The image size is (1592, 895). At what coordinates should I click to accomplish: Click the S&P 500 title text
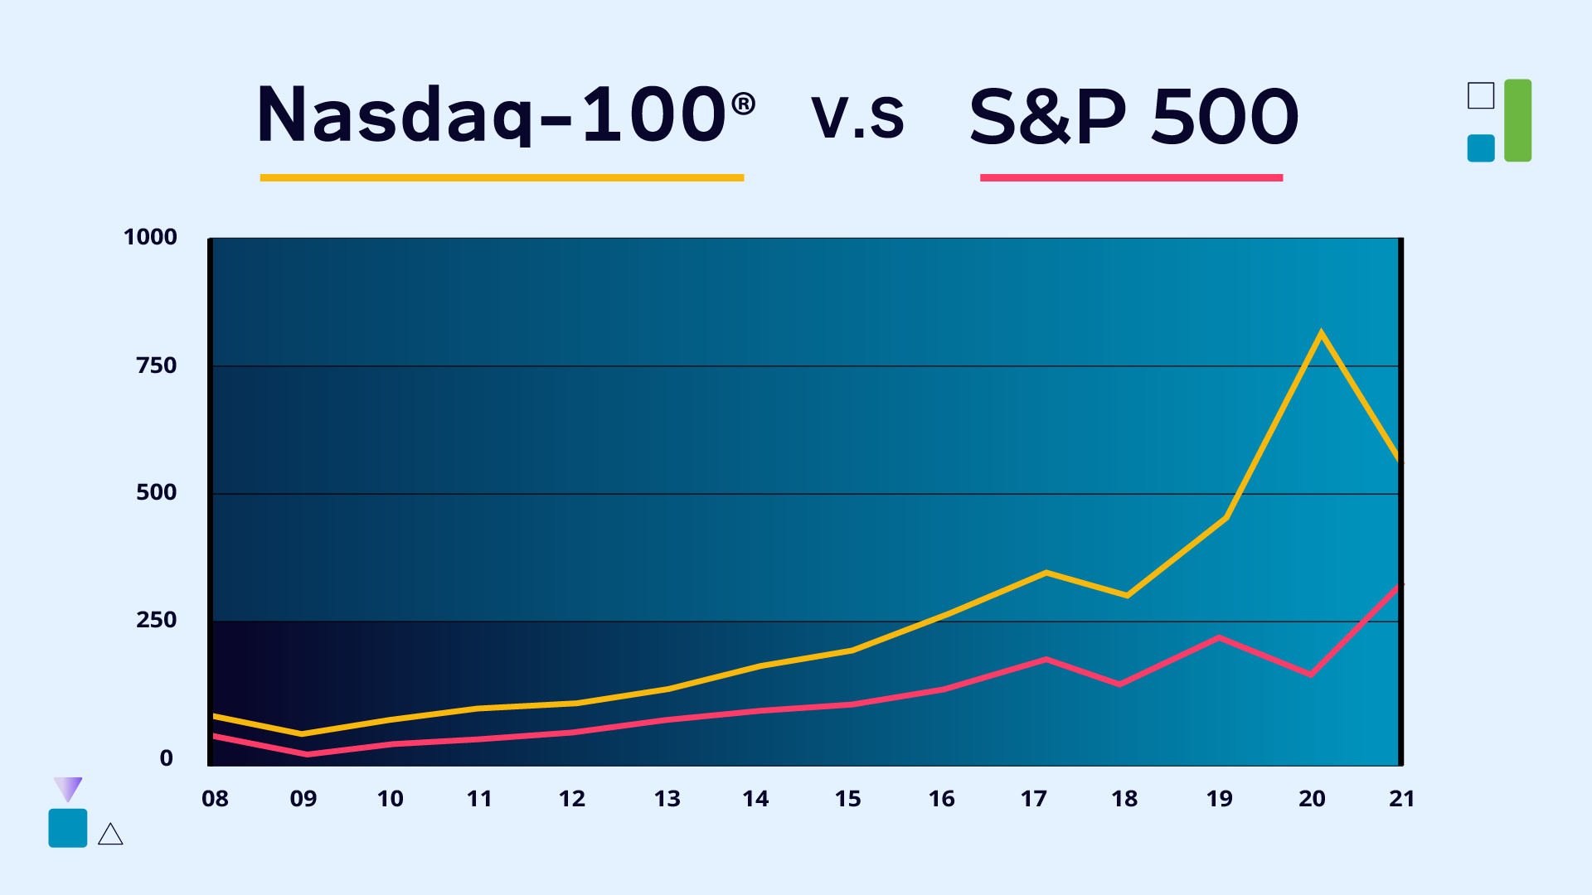click(1133, 117)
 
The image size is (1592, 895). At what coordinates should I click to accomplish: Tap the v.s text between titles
click(857, 117)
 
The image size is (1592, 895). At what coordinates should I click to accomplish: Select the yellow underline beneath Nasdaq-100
click(502, 177)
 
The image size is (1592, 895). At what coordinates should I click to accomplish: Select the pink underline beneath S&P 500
click(1131, 177)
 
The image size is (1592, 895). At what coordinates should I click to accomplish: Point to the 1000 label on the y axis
click(150, 237)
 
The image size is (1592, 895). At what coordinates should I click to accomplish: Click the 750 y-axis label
click(156, 365)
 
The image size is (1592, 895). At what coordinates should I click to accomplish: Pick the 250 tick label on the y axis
click(156, 620)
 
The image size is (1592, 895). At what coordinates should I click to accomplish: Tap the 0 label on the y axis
click(167, 758)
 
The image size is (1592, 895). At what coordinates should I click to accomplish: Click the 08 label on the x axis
click(215, 799)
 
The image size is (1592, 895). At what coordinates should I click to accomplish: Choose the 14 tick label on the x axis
click(755, 799)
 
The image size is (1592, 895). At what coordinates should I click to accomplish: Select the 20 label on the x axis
click(1312, 799)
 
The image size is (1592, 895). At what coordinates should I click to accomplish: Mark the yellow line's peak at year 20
click(1321, 333)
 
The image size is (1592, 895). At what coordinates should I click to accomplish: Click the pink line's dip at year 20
click(1311, 675)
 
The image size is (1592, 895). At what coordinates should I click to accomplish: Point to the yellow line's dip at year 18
click(1127, 595)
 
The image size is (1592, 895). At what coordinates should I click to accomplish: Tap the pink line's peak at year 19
click(1219, 636)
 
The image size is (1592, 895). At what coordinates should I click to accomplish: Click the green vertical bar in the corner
click(1517, 120)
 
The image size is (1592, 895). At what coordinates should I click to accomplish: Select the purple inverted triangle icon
click(67, 788)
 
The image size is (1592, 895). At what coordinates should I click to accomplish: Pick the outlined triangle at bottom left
click(110, 835)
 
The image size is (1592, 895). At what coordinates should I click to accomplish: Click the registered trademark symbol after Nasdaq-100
click(744, 104)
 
